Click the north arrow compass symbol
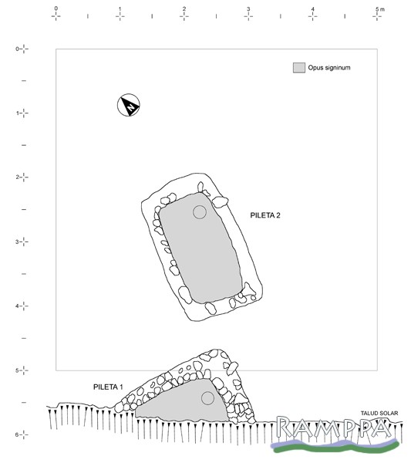click(x=129, y=105)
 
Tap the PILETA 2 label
click(x=265, y=215)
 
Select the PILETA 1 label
click(x=108, y=387)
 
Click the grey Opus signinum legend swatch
click(x=299, y=68)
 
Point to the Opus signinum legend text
click(x=329, y=68)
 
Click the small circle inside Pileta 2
click(x=200, y=212)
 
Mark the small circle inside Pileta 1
click(x=207, y=398)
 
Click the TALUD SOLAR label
click(x=379, y=413)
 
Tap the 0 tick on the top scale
click(x=56, y=16)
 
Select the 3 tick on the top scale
click(x=248, y=16)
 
